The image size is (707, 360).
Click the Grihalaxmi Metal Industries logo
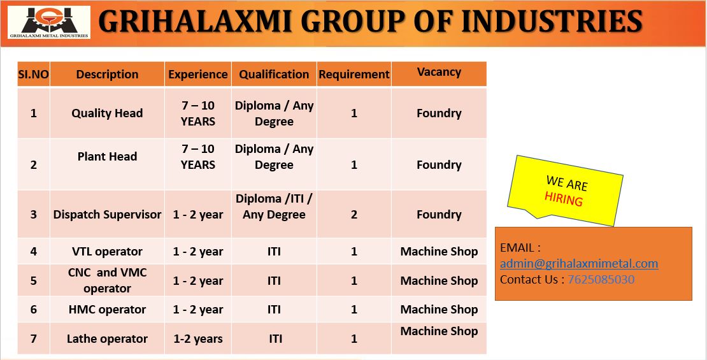click(x=48, y=22)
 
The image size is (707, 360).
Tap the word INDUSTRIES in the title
click(x=552, y=22)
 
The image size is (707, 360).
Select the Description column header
click(x=107, y=75)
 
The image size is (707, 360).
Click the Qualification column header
click(x=274, y=75)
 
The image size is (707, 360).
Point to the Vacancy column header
click(x=439, y=72)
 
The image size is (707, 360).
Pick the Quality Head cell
click(x=107, y=113)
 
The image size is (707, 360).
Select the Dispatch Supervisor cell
click(x=107, y=214)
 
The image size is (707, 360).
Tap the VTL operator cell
click(x=107, y=251)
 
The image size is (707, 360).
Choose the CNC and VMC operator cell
click(x=107, y=280)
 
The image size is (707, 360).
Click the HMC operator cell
click(x=107, y=310)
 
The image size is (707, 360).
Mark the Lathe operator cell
click(x=107, y=338)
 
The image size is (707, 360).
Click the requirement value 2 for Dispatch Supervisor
click(x=354, y=214)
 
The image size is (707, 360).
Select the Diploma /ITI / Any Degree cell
click(x=274, y=206)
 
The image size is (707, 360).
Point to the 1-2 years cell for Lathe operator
click(x=198, y=338)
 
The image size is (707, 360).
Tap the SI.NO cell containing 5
click(x=34, y=280)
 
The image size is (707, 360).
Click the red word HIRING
click(x=564, y=198)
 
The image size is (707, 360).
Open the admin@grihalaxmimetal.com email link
click(x=579, y=263)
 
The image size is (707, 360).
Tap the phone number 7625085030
click(x=601, y=279)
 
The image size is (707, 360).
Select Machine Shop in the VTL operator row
click(x=439, y=251)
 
